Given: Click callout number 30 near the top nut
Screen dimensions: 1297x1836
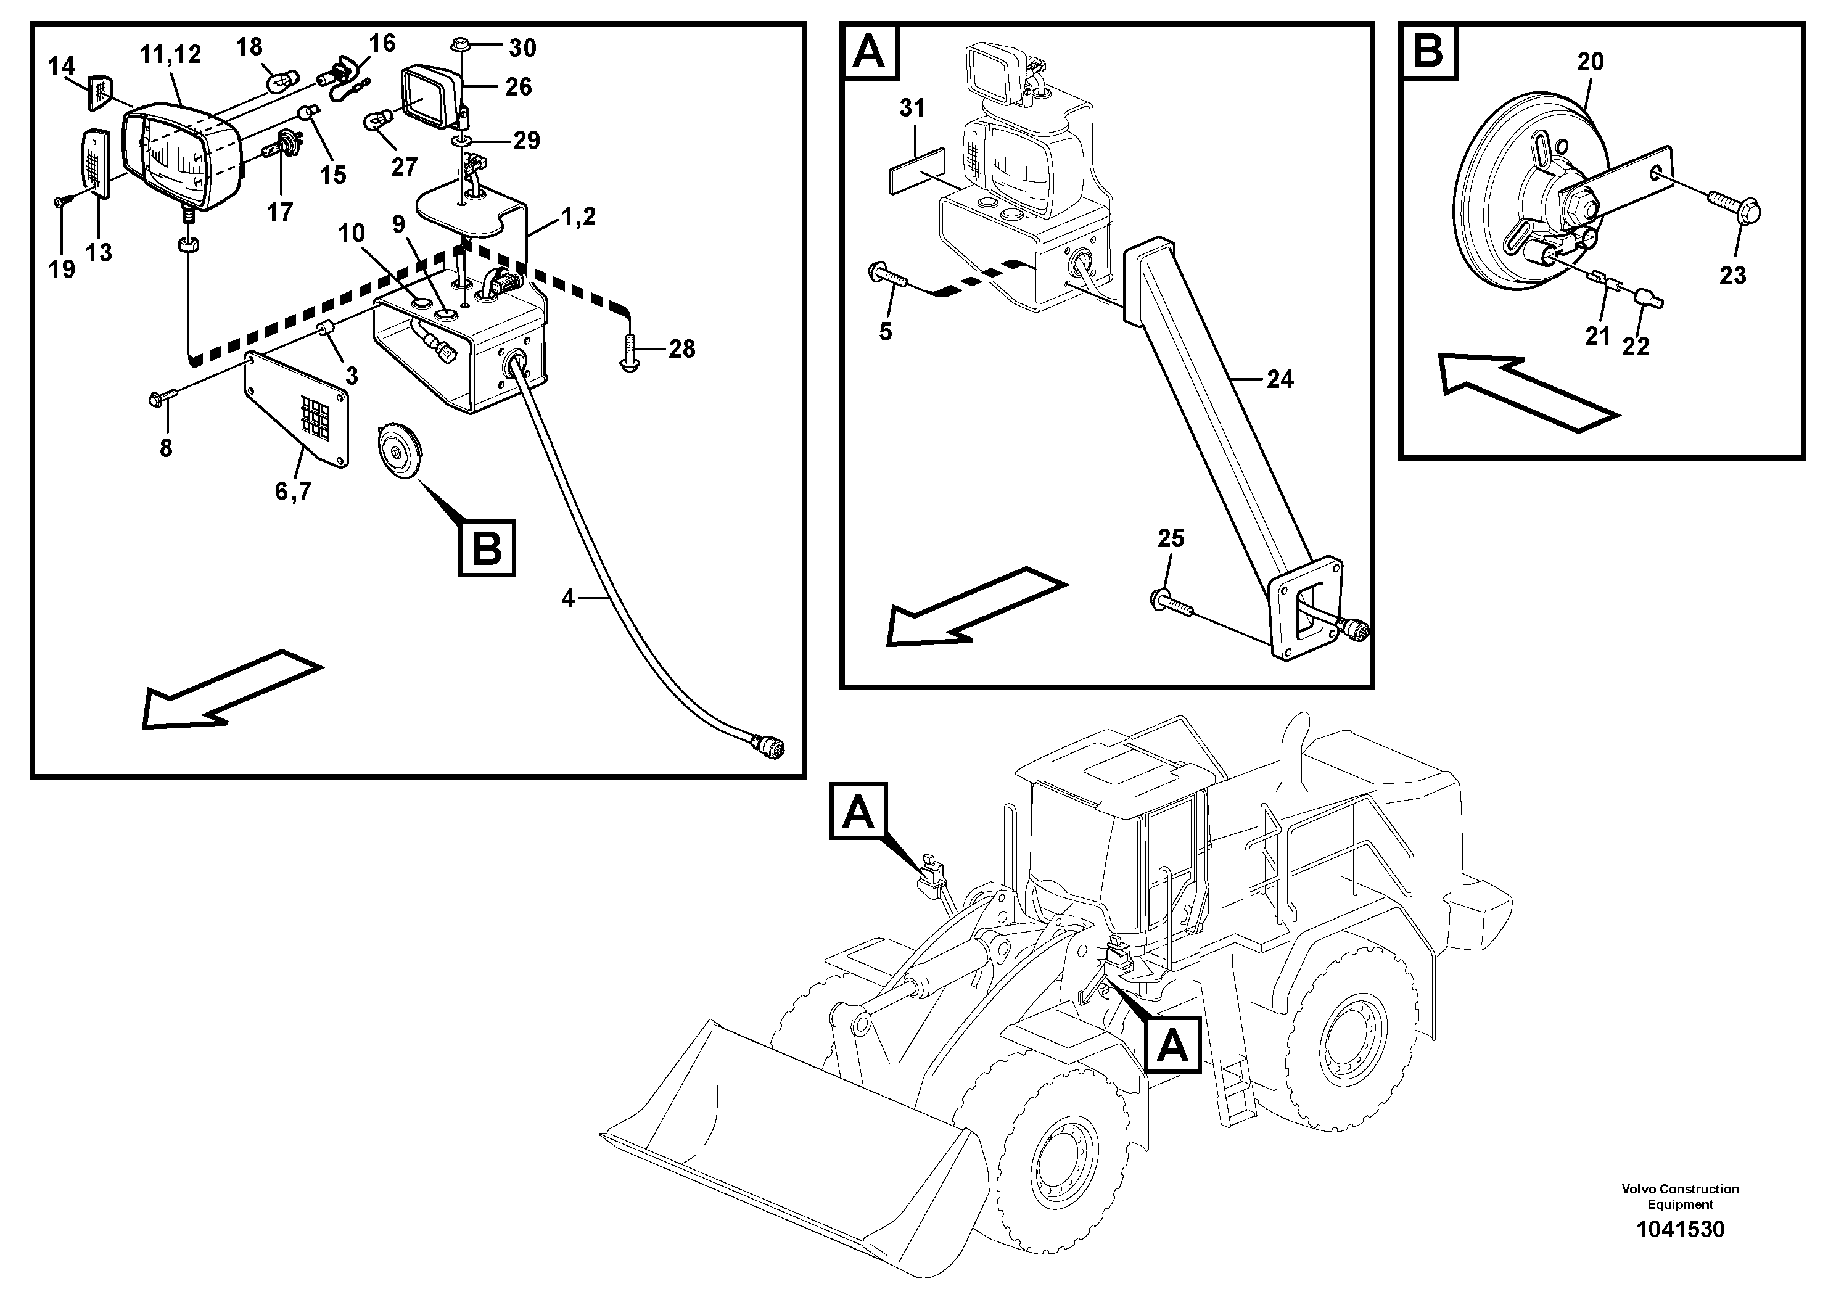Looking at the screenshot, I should (x=522, y=48).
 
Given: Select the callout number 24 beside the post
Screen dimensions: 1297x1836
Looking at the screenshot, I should (x=1280, y=379).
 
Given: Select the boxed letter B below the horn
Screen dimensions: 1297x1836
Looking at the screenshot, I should (x=486, y=548).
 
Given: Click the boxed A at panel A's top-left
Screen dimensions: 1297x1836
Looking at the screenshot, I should (x=869, y=52).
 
